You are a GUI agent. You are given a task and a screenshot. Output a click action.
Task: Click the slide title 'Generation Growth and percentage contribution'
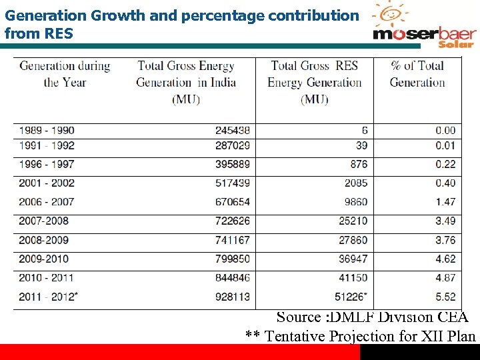click(181, 15)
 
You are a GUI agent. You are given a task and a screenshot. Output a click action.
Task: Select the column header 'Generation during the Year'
click(65, 74)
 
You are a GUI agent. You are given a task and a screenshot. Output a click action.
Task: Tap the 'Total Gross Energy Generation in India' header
click(186, 82)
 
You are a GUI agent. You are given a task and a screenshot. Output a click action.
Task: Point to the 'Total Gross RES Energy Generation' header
click(314, 82)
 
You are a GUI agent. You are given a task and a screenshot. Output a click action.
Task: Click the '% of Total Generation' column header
click(417, 74)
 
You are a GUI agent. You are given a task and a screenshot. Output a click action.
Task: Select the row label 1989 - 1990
click(47, 130)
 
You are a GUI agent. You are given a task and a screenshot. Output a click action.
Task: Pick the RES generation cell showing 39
click(361, 145)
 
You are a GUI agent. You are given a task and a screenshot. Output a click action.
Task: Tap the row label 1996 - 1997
click(47, 164)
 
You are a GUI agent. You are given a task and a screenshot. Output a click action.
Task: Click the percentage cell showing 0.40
click(445, 183)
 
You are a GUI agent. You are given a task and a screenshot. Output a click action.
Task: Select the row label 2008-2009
click(44, 239)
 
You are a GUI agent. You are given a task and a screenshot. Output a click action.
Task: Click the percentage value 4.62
click(445, 259)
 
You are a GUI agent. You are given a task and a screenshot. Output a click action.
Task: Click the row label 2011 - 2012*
click(49, 297)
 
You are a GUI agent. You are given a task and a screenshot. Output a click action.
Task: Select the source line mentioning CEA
click(372, 317)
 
